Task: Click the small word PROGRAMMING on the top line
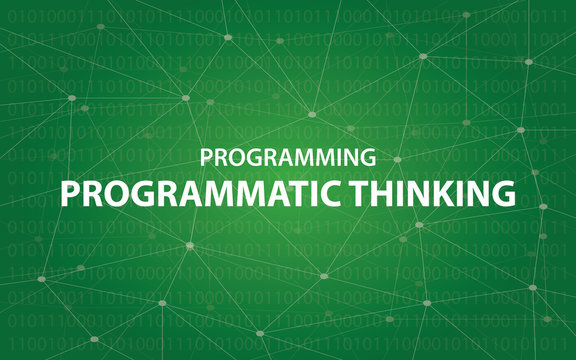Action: pos(288,157)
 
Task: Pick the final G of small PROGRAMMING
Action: pos(368,157)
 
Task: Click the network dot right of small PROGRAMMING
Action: pos(397,159)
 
